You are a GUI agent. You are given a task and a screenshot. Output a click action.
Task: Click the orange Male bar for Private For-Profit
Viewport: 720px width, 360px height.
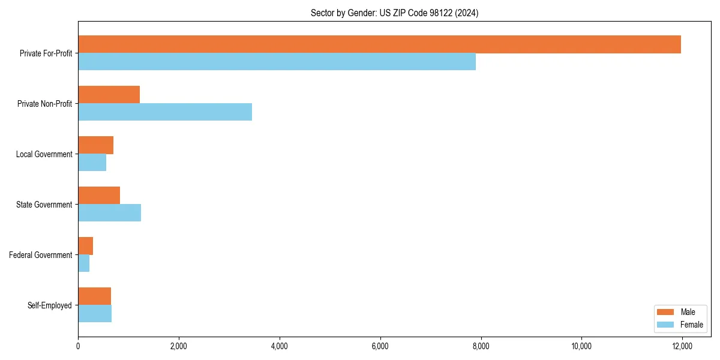coord(379,44)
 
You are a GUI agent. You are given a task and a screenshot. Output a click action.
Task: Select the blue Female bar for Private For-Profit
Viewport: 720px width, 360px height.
coord(277,62)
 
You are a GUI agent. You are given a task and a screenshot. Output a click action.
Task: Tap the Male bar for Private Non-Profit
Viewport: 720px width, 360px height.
coord(109,95)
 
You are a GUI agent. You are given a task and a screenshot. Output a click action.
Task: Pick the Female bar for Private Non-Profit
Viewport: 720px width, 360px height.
coord(165,112)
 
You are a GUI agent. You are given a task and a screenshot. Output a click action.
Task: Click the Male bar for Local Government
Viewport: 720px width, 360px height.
coord(95,145)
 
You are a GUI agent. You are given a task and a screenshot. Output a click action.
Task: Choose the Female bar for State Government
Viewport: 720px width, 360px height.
coord(109,213)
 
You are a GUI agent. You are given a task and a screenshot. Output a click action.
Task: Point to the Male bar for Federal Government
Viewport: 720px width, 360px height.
coord(85,246)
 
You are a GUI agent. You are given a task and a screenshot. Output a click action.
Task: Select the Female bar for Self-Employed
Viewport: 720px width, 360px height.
coord(95,314)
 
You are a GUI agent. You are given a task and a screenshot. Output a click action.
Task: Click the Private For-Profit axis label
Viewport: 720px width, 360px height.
coord(46,53)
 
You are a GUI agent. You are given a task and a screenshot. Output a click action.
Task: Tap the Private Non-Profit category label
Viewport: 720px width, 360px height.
coord(44,104)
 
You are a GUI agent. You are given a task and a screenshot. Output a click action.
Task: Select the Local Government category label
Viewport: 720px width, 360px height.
coord(44,154)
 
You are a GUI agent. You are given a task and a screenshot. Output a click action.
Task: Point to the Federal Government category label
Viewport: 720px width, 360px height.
coord(40,255)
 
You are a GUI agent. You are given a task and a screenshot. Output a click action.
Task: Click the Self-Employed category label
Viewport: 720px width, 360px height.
coord(49,305)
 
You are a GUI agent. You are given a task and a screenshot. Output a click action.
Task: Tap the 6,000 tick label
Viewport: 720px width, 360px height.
coord(380,346)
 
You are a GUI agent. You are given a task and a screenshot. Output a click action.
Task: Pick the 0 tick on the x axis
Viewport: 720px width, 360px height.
coord(78,346)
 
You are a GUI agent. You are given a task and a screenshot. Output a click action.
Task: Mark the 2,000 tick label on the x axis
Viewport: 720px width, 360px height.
coord(179,346)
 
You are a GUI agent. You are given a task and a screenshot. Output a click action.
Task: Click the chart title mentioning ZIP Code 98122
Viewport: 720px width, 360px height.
coord(394,13)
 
